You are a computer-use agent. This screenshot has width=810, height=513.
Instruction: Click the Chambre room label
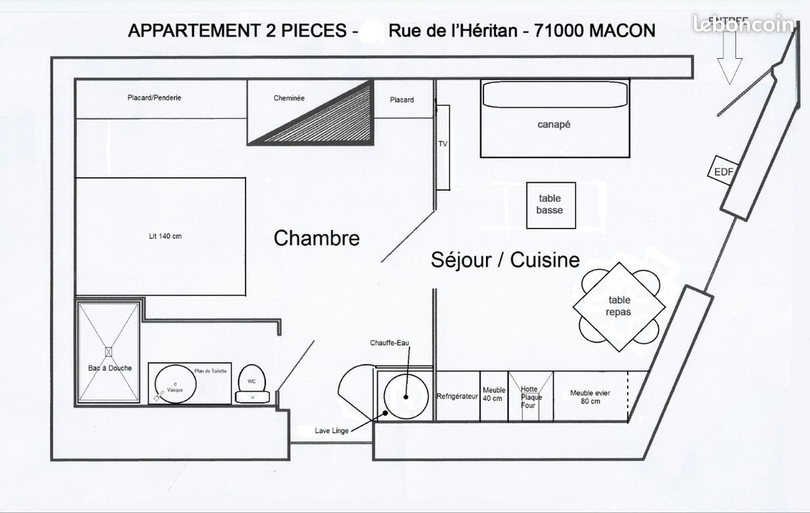(x=316, y=238)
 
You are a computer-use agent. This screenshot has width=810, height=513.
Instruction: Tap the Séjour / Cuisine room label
(x=505, y=260)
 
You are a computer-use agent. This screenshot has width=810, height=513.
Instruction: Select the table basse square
(x=550, y=205)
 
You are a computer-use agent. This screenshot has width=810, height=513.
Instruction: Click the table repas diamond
(x=619, y=306)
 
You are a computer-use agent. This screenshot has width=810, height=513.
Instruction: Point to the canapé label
(x=554, y=124)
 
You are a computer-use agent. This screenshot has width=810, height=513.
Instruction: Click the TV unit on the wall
(x=443, y=147)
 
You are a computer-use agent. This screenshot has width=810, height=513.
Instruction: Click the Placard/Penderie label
(x=154, y=98)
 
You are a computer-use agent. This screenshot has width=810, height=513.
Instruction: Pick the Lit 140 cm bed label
(x=165, y=236)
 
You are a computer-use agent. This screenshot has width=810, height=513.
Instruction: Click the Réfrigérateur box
(x=457, y=396)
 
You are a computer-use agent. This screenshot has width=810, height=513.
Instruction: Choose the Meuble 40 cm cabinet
(x=493, y=395)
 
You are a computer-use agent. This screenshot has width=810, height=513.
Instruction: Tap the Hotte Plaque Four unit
(x=531, y=397)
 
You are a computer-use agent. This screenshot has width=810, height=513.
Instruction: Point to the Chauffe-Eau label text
(x=389, y=343)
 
